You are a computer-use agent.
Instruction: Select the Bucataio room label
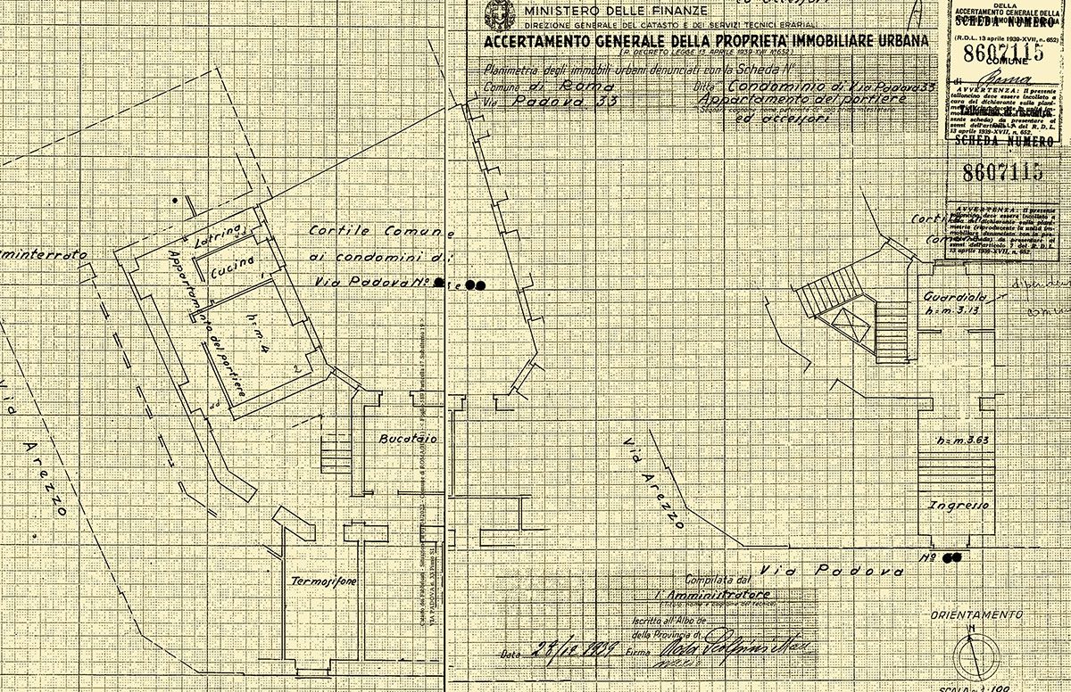(404, 441)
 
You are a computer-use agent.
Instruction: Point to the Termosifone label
(325, 581)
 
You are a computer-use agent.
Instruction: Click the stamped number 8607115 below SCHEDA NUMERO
(997, 173)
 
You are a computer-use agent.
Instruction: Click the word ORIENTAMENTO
(976, 615)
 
